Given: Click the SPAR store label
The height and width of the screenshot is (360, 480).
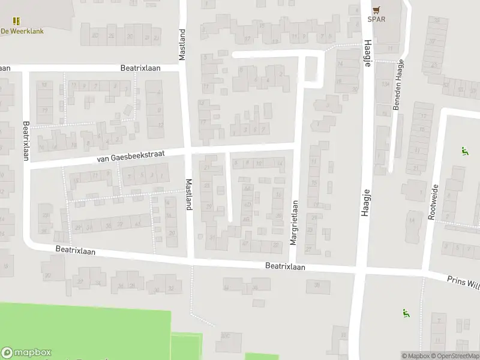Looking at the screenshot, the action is point(376,19).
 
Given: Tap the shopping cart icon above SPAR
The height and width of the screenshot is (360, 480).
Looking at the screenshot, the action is point(376,9).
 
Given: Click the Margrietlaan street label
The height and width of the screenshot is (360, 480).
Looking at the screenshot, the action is point(294,222).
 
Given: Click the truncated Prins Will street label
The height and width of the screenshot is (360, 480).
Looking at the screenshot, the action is point(463,281).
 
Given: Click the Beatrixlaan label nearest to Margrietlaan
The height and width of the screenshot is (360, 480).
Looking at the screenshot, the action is point(285,266).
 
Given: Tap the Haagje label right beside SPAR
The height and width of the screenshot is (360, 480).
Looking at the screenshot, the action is point(366,56).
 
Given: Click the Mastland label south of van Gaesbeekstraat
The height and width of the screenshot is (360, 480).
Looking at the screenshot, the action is point(188,194).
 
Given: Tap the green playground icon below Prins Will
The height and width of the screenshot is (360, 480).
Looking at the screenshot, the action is point(406,313).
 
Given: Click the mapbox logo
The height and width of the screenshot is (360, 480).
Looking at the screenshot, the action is point(26,353).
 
